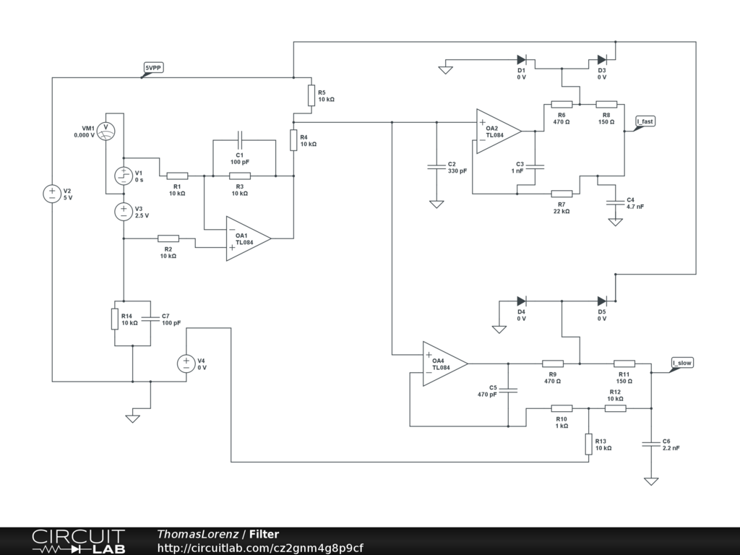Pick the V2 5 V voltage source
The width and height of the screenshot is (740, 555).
coord(52,194)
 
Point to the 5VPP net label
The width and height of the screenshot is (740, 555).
coord(153,68)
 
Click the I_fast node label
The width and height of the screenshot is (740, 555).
coord(645,121)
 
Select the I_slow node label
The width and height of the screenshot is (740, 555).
coord(682,363)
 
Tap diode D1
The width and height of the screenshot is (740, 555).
coord(522,60)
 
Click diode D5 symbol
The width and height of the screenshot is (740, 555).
coord(601,301)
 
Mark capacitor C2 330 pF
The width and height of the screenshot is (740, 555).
coord(436,167)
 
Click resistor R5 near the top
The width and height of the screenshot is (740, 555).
coord(311,95)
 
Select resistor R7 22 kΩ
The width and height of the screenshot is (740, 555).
coord(562,194)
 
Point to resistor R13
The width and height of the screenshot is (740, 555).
coord(589,444)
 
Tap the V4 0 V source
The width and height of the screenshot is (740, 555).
coord(186,363)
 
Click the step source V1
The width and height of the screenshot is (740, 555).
coord(124,176)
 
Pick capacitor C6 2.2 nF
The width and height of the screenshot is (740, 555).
coord(651,444)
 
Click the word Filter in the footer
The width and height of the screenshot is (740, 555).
coord(264,534)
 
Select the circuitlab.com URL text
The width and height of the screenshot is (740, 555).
coord(260,548)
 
